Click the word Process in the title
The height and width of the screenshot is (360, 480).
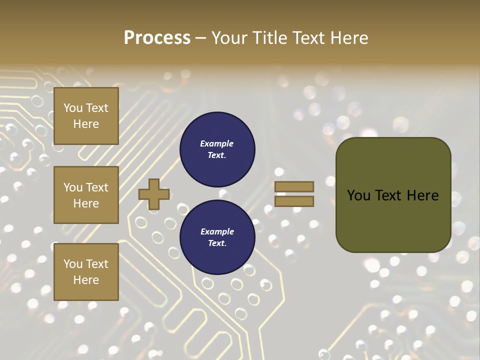pos(157,37)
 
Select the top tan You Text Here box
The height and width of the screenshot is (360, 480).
pos(86,116)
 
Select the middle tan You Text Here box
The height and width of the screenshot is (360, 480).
pos(86,195)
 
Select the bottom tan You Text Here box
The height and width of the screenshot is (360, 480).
pos(86,271)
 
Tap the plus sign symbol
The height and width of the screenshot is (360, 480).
pos(154,194)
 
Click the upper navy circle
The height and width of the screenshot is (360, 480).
pos(217,149)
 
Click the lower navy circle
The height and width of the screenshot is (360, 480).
pos(217,237)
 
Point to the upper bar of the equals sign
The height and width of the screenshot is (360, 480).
pos(294,186)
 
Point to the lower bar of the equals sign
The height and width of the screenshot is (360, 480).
pos(294,201)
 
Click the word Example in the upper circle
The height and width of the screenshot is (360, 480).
pos(217,143)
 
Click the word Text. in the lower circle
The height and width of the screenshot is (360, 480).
pos(217,243)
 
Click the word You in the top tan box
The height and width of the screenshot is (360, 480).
pos(73,108)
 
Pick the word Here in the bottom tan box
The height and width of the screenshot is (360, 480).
pos(86,280)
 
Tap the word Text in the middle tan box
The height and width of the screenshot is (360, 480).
pos(97,187)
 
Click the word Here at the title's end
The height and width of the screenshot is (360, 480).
pos(349,37)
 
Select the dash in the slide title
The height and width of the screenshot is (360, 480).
pos(201,38)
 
